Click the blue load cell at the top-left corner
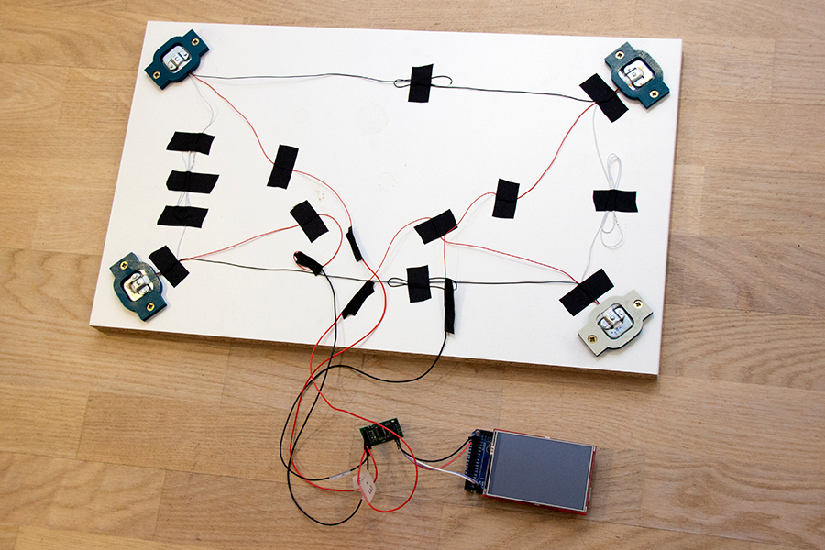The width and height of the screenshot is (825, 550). [x=174, y=60]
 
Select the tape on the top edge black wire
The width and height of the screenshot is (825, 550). [x=420, y=83]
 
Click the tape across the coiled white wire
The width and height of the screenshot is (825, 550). [x=615, y=200]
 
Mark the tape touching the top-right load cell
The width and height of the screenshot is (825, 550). [x=603, y=97]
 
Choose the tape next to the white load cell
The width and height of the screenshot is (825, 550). [x=587, y=291]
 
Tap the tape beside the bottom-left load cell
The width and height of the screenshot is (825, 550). [x=169, y=266]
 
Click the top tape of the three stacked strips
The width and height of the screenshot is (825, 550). [x=191, y=142]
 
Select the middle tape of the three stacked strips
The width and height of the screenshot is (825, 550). [x=192, y=181]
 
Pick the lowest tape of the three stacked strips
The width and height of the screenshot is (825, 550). [x=182, y=216]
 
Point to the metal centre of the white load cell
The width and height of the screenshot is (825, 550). [x=611, y=321]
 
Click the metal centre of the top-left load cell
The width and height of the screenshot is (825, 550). [x=177, y=59]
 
